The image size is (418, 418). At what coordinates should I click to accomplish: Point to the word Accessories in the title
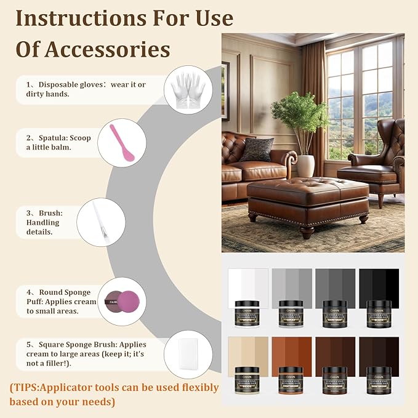point(113,49)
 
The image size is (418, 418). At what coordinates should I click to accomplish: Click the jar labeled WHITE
point(247,313)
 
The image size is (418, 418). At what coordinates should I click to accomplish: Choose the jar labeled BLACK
point(379,313)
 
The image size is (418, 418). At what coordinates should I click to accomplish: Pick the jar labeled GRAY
point(291,313)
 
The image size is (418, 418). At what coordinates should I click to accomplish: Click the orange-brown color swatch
point(291,352)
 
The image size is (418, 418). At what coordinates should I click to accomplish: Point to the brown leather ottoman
point(308,199)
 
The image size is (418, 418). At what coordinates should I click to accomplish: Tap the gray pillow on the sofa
point(257,150)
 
